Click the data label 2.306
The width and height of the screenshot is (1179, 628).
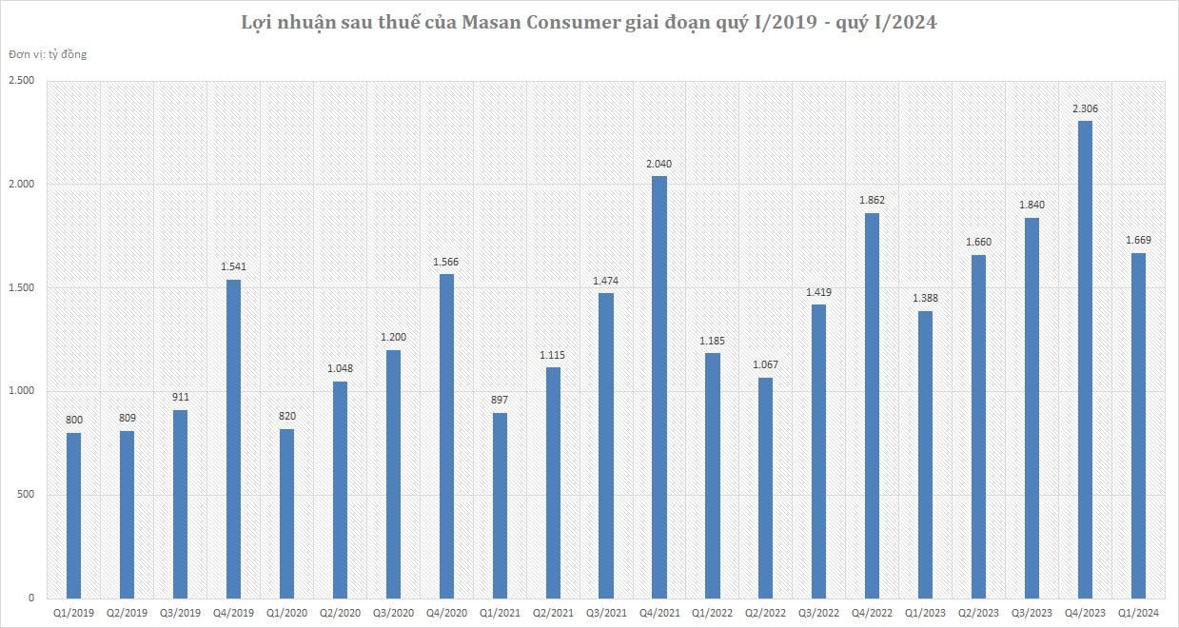[1085, 109]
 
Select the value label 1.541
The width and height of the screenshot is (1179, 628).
[233, 267]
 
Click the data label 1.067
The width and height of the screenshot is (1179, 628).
[766, 366]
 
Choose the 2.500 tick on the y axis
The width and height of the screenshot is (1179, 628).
[22, 81]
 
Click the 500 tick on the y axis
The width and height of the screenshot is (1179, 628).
[27, 495]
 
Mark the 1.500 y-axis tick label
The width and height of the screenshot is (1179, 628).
[22, 288]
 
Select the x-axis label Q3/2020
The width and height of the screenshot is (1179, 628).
[393, 617]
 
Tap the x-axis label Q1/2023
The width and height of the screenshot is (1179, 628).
[926, 617]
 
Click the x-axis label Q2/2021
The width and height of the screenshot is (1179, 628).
[553, 617]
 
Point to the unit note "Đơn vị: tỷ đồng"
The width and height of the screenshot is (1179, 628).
[48, 54]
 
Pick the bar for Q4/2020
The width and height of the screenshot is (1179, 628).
[446, 437]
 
